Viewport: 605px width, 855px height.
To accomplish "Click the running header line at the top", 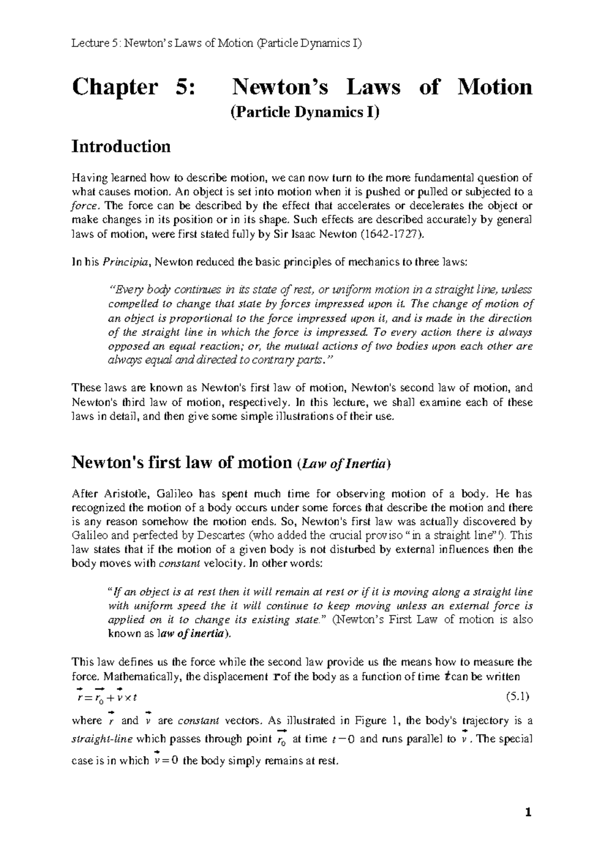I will (217, 43).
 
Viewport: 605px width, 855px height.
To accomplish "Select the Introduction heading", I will (121, 147).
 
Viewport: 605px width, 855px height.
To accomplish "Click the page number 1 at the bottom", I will (528, 813).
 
